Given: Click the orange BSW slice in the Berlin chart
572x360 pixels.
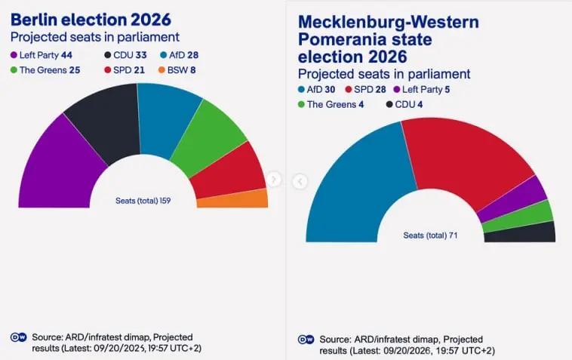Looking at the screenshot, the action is click(233, 198).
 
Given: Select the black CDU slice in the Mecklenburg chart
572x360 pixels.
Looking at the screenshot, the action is click(520, 233).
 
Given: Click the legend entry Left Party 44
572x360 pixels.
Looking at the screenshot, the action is click(42, 55).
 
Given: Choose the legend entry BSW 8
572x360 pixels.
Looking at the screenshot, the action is click(177, 70).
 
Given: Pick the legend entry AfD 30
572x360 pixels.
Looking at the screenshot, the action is click(316, 89).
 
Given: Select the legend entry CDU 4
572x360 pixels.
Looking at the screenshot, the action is click(404, 104).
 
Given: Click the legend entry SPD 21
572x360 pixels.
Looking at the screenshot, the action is click(125, 70).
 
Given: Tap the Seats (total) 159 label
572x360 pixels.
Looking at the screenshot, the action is click(143, 201).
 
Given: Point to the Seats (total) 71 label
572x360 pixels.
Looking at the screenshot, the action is click(430, 235).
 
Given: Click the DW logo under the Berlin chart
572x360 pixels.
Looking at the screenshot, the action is click(19, 337).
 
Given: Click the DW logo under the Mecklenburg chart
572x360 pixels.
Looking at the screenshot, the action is click(306, 340).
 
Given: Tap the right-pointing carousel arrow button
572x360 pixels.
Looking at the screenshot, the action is click(274, 179).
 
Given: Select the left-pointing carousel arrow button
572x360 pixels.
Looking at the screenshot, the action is click(300, 181).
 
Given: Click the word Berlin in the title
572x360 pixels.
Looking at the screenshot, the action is click(34, 20).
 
